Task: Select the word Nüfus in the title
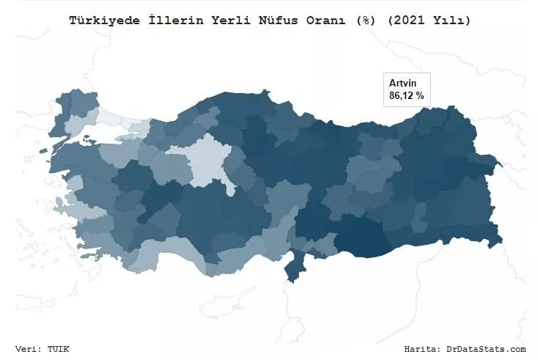pos(284,21)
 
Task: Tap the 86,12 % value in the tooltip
pos(406,95)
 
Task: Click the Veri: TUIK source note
pos(42,349)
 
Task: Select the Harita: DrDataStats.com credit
pos(465,349)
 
